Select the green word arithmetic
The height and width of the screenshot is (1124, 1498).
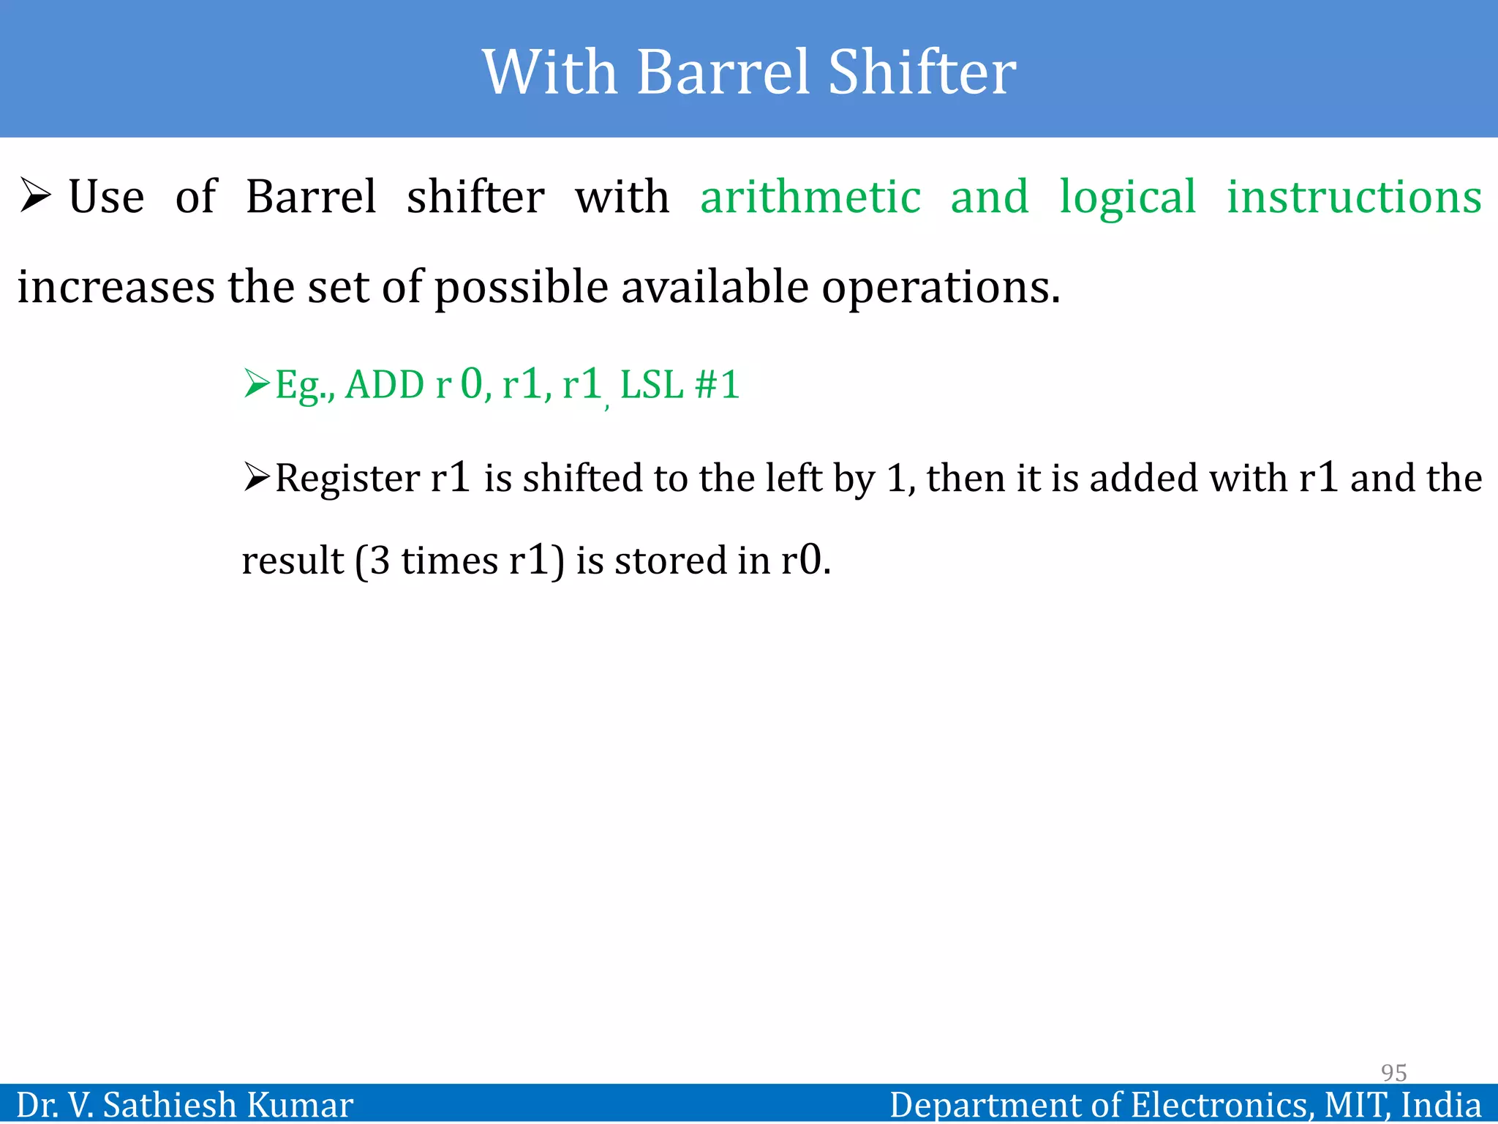click(810, 198)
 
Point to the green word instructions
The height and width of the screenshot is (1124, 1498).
click(1354, 198)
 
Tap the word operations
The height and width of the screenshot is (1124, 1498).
click(941, 288)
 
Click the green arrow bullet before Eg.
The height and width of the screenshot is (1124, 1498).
click(257, 383)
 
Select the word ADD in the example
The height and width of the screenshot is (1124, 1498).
click(384, 385)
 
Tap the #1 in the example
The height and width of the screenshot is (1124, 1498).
click(718, 385)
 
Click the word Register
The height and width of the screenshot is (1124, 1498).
click(347, 479)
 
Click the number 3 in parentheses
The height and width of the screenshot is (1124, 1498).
click(380, 561)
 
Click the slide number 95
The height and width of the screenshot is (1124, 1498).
click(1393, 1072)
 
